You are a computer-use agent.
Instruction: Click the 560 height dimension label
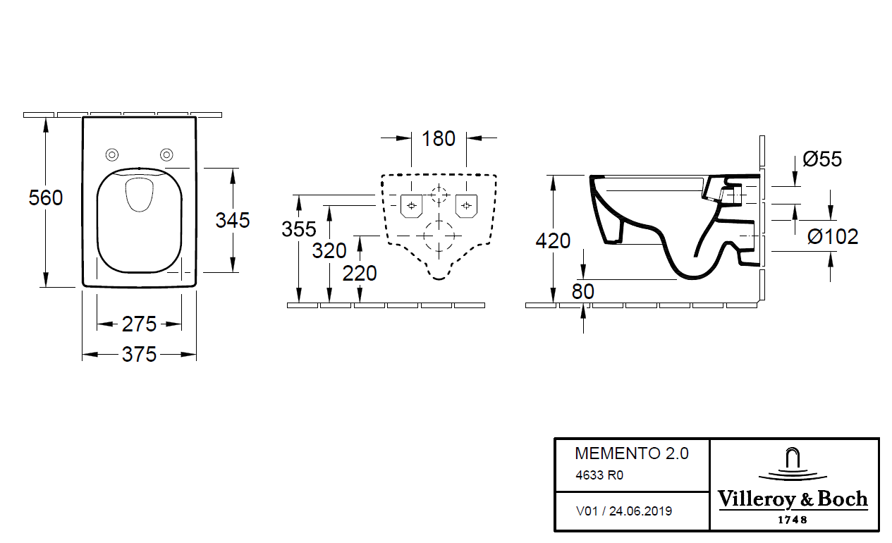pyautogui.click(x=46, y=198)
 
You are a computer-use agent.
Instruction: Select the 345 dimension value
pyautogui.click(x=233, y=221)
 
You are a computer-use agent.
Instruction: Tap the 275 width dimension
pyautogui.click(x=139, y=324)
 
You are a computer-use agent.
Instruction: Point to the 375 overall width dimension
pyautogui.click(x=139, y=355)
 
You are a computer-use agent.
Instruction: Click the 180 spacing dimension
pyautogui.click(x=439, y=139)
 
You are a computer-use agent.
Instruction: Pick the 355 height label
pyautogui.click(x=299, y=229)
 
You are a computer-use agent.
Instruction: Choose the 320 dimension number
pyautogui.click(x=329, y=250)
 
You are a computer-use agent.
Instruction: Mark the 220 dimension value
pyautogui.click(x=360, y=273)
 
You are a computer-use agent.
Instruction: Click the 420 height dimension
pyautogui.click(x=553, y=241)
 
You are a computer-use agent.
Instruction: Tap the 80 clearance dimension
pyautogui.click(x=583, y=291)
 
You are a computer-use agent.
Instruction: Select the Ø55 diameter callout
pyautogui.click(x=821, y=159)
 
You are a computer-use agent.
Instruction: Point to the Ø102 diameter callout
pyautogui.click(x=833, y=237)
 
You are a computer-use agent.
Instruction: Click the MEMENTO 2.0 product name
pyautogui.click(x=632, y=453)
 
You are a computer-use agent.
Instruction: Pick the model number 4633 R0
pyautogui.click(x=599, y=475)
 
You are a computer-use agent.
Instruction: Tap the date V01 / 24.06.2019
pyautogui.click(x=624, y=511)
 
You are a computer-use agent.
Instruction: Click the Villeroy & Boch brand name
pyautogui.click(x=793, y=499)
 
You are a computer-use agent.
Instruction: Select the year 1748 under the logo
pyautogui.click(x=793, y=520)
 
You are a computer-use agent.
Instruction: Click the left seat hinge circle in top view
pyautogui.click(x=112, y=155)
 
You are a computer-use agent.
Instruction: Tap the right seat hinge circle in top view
pyautogui.click(x=166, y=155)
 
